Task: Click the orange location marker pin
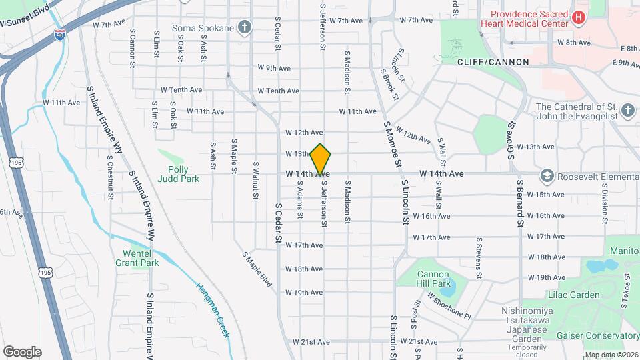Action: coord(321,159)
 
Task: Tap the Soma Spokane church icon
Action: coord(245,28)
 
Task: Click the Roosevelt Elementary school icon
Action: coord(547,175)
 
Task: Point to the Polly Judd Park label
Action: coord(179,175)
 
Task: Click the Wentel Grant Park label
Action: coord(141,258)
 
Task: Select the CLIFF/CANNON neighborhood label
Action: coord(493,62)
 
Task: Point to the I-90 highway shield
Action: coord(61,35)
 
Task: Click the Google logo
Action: coord(21,351)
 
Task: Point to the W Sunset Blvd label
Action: coord(25,17)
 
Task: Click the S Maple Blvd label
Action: coord(257,269)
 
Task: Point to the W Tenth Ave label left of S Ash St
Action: coord(181,89)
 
